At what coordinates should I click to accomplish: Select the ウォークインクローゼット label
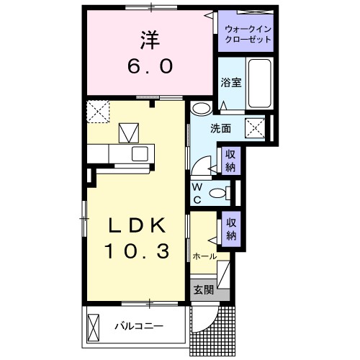[248, 34]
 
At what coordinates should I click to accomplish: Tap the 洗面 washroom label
[220, 129]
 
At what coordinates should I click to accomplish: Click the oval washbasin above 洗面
[202, 109]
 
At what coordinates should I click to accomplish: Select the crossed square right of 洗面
[256, 128]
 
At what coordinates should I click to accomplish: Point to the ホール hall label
[204, 256]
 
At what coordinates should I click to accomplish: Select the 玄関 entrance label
[203, 289]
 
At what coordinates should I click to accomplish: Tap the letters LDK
[138, 226]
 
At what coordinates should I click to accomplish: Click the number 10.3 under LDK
[138, 252]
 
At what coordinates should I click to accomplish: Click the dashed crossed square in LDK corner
[96, 112]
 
